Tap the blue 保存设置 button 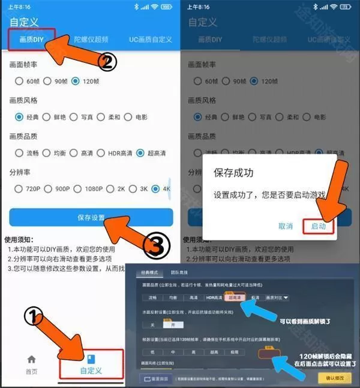point(91,217)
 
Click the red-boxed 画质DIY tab point(31,40)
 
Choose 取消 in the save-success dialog point(286,226)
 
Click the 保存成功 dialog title point(233,173)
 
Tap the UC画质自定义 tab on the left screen point(150,40)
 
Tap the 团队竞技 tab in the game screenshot point(179,272)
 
